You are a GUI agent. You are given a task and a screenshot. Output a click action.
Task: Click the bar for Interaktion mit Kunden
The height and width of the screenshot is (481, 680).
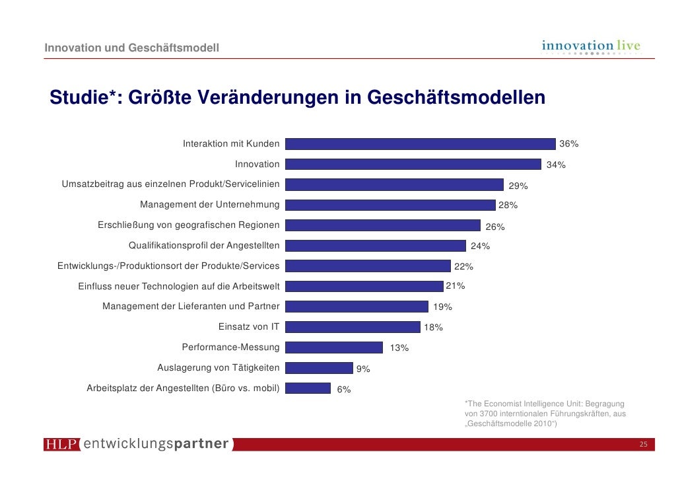point(420,144)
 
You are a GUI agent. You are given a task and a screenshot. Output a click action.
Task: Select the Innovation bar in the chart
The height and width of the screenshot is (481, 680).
point(413,165)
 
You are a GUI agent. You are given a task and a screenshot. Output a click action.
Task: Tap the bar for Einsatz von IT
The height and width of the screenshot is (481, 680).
point(353,327)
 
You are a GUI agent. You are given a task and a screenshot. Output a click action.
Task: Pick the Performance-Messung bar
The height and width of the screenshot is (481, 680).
point(334,348)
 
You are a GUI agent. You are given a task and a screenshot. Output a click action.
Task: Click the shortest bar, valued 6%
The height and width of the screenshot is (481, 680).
point(308,388)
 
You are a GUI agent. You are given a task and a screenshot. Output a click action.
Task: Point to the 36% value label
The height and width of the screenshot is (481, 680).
point(568,144)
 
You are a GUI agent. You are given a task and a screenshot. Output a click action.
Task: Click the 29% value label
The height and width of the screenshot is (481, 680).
point(518,186)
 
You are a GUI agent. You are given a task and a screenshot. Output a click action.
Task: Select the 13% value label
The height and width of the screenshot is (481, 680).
point(399,348)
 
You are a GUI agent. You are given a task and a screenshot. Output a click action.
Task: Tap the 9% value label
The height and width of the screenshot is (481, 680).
point(363,369)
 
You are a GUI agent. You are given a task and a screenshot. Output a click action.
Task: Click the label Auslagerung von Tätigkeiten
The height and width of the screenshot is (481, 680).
point(218,367)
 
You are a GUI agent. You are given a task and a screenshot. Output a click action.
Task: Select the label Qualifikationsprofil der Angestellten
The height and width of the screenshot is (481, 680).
point(203,246)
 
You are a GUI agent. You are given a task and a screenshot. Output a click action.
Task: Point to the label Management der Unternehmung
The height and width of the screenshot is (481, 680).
point(209,205)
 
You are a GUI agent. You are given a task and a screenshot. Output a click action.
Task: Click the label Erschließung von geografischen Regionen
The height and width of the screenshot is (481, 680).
point(188,225)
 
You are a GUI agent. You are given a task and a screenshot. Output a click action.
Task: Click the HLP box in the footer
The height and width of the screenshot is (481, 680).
point(61,445)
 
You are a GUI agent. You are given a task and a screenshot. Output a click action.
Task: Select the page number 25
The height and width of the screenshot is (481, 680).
point(643,445)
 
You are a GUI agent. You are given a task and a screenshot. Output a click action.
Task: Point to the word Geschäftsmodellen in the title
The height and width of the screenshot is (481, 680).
point(456,98)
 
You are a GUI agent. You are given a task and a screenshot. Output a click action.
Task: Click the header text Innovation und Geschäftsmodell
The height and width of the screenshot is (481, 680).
point(132,48)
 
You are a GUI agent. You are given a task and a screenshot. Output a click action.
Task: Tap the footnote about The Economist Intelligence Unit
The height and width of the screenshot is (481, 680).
point(545,414)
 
